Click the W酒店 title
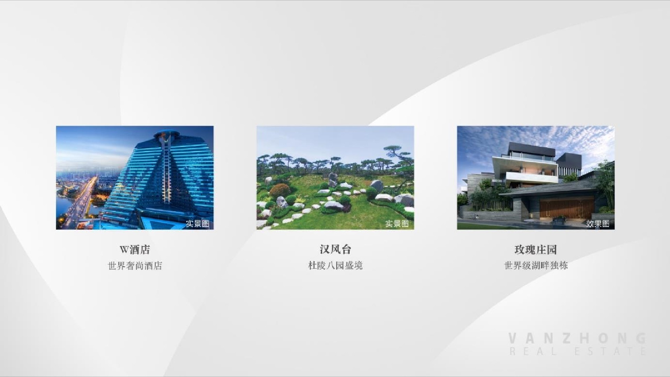pyautogui.click(x=135, y=250)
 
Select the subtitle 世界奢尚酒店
pyautogui.click(x=135, y=266)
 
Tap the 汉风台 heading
pyautogui.click(x=335, y=250)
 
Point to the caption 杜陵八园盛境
pyautogui.click(x=335, y=266)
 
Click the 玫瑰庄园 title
pyautogui.click(x=536, y=250)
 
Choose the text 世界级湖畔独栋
pyautogui.click(x=536, y=266)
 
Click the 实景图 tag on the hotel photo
pyautogui.click(x=198, y=223)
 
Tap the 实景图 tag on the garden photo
pyautogui.click(x=397, y=223)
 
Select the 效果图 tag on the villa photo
pyautogui.click(x=597, y=223)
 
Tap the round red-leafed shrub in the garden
pyautogui.click(x=280, y=191)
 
